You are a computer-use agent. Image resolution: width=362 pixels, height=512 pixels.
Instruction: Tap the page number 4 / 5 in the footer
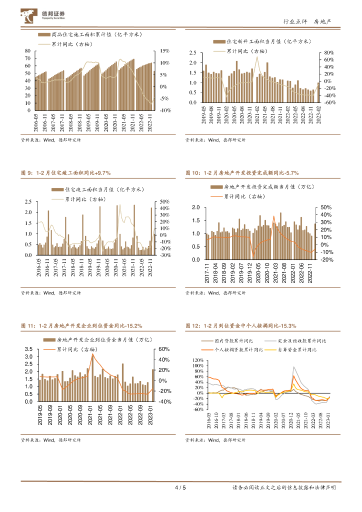pos(180,488)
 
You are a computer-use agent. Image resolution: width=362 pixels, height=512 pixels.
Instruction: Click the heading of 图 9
pos(65,172)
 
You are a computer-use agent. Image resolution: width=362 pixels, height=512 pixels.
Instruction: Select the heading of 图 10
pos(241,172)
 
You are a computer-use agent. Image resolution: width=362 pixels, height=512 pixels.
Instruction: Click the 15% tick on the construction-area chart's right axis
pos(164,51)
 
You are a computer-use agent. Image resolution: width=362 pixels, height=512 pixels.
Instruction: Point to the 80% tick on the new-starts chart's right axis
pos(329,52)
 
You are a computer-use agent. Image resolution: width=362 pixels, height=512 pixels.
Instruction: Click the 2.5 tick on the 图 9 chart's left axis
pos(28,202)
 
